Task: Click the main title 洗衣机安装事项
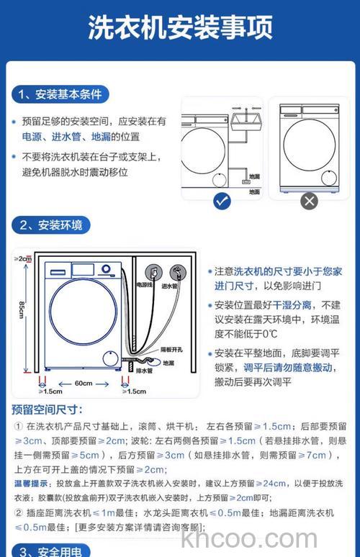pos(180,28)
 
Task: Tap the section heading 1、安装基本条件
pos(60,94)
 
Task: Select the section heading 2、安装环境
pos(51,225)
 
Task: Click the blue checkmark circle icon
pos(222,201)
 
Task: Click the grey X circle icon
pos(309,201)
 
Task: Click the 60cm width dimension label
pos(84,383)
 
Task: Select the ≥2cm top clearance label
pos(23,258)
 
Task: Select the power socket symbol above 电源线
pos(153,273)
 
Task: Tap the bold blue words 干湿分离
pos(292,305)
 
